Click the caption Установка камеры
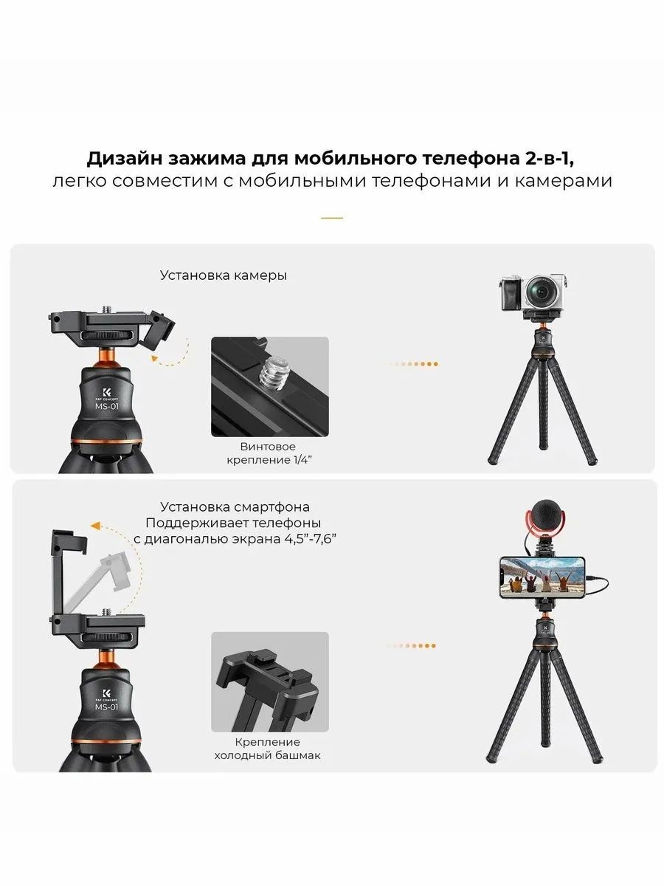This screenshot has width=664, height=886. [x=224, y=275]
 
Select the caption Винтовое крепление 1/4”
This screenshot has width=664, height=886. [x=269, y=453]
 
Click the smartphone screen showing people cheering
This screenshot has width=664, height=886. [x=542, y=578]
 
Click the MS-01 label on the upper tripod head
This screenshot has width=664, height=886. [x=107, y=406]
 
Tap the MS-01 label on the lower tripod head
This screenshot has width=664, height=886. [x=106, y=707]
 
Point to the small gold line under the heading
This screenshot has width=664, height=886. [x=332, y=218]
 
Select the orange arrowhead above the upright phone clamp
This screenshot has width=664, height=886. [x=95, y=526]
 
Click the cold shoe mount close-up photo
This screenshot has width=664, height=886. [x=270, y=681]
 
